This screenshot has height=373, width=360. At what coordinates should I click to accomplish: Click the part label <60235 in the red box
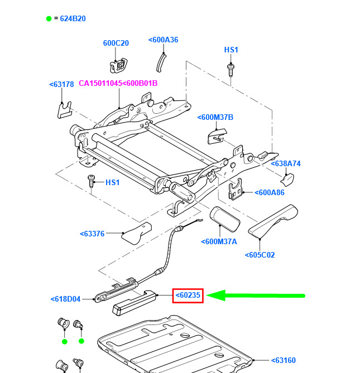click(188, 296)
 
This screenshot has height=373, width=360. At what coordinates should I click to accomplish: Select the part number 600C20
click(116, 43)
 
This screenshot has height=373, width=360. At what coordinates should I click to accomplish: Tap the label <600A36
click(164, 40)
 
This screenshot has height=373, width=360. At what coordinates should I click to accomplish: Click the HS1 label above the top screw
click(231, 50)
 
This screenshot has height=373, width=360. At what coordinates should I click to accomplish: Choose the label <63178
click(61, 85)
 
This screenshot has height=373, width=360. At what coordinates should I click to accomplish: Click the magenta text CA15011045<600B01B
click(118, 84)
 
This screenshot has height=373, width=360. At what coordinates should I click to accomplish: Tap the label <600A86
click(270, 192)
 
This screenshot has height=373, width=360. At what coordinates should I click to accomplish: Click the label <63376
click(92, 234)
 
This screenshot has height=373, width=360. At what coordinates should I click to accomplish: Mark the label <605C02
click(260, 255)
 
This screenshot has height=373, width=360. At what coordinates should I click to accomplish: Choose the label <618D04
click(65, 299)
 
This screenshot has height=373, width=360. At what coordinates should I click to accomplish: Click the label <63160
click(284, 360)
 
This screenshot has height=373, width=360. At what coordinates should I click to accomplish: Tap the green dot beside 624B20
click(49, 18)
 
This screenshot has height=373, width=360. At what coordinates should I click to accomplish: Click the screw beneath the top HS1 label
click(231, 69)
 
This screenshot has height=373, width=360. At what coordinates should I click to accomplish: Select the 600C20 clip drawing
click(119, 65)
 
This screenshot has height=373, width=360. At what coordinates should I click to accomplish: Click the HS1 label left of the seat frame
click(113, 182)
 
